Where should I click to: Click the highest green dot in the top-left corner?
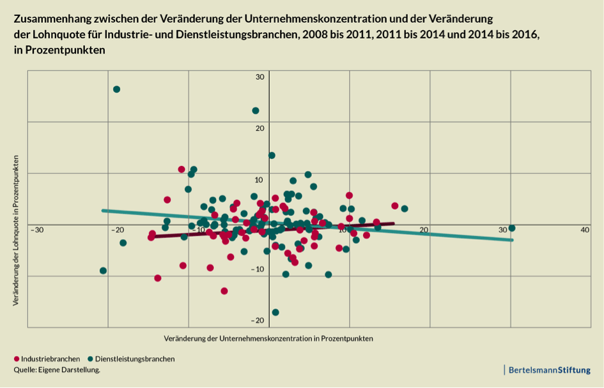[x=116, y=89]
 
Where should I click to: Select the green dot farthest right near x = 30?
[x=511, y=228]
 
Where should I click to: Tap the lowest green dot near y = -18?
[x=275, y=312]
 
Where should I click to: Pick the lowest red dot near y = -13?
[x=224, y=291]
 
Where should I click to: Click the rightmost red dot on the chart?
[x=395, y=205]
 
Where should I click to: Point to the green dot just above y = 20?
[x=256, y=110]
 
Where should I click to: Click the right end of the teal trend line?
[x=511, y=240]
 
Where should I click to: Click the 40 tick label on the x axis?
[x=584, y=230]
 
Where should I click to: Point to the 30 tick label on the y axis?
[x=259, y=77]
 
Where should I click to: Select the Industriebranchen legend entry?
[x=46, y=359]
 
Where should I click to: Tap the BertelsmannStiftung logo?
[x=548, y=369]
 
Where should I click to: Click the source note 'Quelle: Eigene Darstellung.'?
[x=57, y=369]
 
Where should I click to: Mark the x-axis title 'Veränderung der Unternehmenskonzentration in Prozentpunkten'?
[x=268, y=338]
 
